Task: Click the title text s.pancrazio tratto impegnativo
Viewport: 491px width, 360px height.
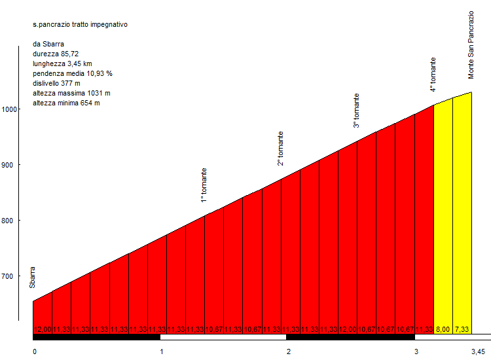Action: coord(80,24)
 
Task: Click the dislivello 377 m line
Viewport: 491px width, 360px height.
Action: coord(56,83)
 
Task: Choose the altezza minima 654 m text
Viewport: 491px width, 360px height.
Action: coord(65,103)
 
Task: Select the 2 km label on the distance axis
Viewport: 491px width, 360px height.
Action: coord(289,351)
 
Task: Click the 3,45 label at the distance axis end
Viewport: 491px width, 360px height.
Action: coord(478,351)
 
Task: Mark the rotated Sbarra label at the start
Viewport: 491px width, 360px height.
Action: coord(32,277)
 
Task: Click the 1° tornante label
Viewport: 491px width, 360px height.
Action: coord(204,185)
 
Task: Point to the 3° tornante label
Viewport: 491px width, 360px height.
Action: coord(357,111)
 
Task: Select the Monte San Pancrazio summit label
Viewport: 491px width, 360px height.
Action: coord(471,45)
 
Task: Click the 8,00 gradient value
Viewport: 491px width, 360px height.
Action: coord(443,329)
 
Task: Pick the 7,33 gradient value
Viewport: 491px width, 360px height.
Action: coord(462,329)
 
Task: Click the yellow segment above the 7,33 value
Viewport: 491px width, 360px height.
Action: coord(462,209)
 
